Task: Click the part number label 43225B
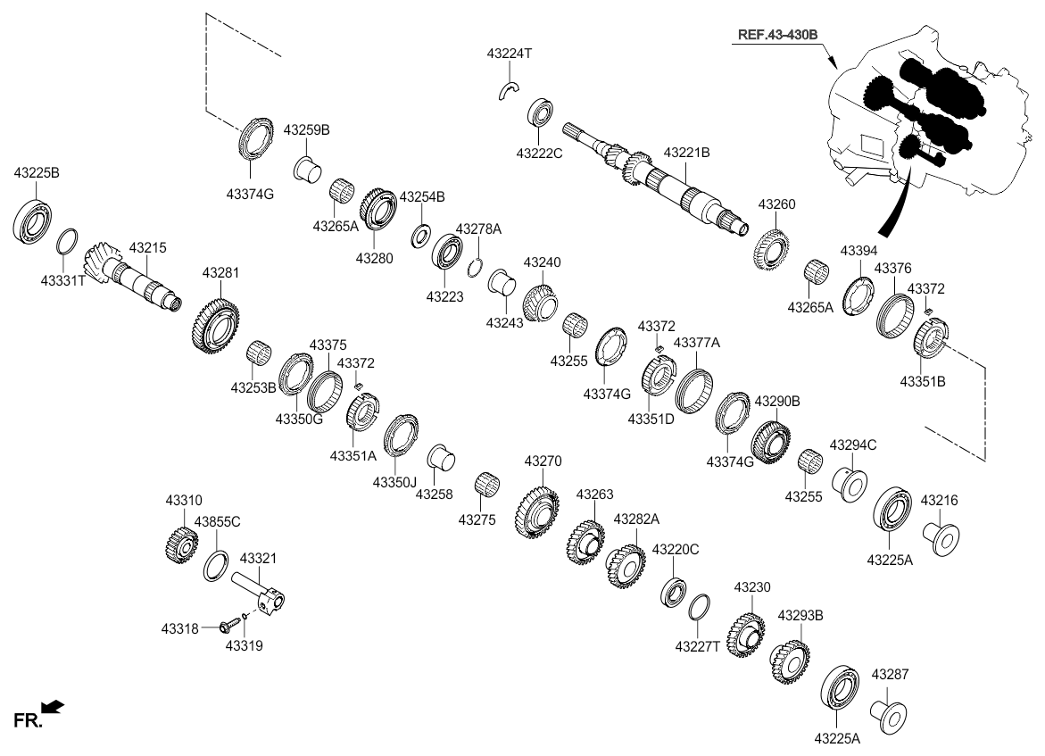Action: (x=36, y=172)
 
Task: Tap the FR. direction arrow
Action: (x=53, y=708)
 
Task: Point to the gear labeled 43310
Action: (x=182, y=544)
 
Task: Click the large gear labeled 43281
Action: (x=215, y=326)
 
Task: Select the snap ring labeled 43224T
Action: (x=508, y=88)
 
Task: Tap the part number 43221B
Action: (x=686, y=154)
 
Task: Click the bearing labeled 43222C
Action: (x=541, y=113)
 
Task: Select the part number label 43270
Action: (x=543, y=461)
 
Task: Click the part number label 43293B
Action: (x=800, y=616)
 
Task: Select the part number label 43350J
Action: (x=395, y=482)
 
